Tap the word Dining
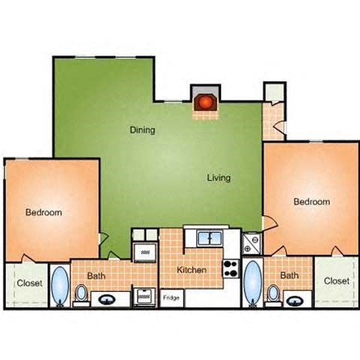142,130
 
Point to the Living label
219,178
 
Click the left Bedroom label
43,212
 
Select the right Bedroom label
311,202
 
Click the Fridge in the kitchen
172,298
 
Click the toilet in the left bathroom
81,295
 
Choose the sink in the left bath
107,298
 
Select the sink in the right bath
295,298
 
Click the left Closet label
28,283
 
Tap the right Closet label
337,280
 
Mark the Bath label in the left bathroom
96,276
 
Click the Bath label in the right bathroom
289,276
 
